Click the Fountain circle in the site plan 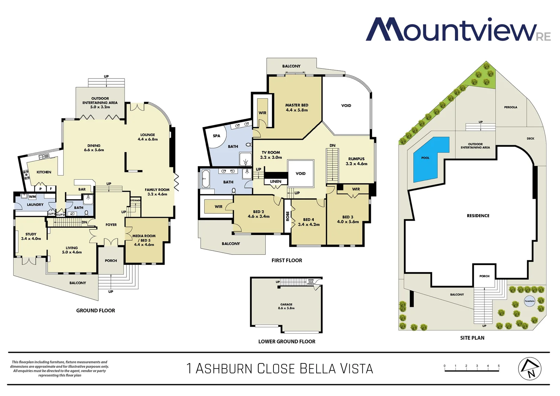[529, 301]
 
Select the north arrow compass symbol [530, 368]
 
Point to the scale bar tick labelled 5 [498, 366]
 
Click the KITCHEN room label [44, 172]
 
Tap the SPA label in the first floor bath [217, 136]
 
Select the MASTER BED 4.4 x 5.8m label [296, 107]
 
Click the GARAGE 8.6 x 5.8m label [286, 306]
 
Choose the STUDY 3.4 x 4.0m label [31, 236]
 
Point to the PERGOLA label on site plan [511, 107]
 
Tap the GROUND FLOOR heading [96, 311]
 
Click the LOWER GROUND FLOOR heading [287, 341]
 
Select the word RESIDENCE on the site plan [478, 216]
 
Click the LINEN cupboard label [276, 181]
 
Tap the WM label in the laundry [32, 197]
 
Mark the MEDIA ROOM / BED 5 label [144, 240]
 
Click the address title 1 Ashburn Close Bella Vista [280, 368]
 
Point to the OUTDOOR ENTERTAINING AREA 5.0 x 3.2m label [100, 103]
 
